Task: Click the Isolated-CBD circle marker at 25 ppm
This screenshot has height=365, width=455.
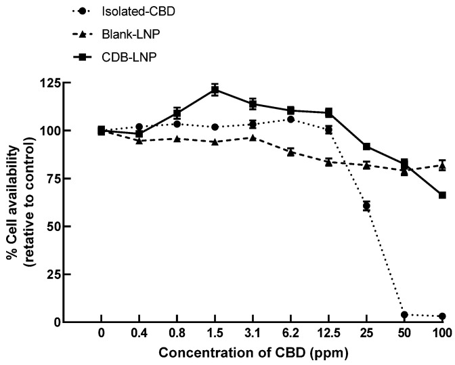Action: point(366,206)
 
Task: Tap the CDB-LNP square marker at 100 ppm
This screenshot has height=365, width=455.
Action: point(442,195)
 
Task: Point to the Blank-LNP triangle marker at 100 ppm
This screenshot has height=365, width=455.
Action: point(442,165)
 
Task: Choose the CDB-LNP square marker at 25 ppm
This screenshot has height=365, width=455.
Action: point(366,146)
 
